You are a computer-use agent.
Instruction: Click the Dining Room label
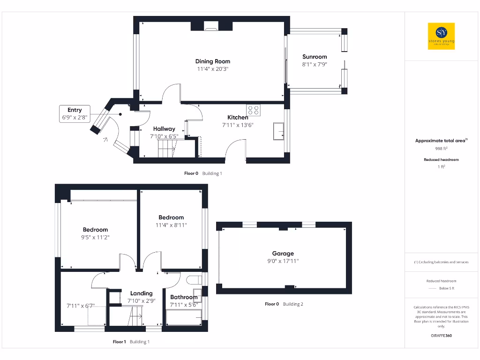pos(213,61)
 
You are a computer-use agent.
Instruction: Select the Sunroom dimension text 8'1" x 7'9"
pos(314,64)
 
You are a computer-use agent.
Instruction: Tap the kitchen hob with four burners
pos(253,110)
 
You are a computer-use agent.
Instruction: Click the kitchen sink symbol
pos(278,131)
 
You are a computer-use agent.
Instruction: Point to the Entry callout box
pos(75,114)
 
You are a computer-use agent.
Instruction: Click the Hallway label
pos(164,129)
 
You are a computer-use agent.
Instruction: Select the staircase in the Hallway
pos(166,150)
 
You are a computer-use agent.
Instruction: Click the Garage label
pos(283,254)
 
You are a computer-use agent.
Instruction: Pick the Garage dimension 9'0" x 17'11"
pos(283,261)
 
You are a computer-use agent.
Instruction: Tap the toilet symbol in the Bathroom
pos(194,280)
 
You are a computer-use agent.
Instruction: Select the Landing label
pos(141,293)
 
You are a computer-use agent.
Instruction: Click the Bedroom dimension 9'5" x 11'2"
pos(95,237)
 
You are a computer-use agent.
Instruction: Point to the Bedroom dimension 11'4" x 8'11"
pos(171,225)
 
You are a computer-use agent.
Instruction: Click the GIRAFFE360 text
pos(441,336)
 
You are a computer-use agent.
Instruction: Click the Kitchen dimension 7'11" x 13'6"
pos(238,125)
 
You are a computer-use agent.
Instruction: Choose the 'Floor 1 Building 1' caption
pos(131,342)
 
